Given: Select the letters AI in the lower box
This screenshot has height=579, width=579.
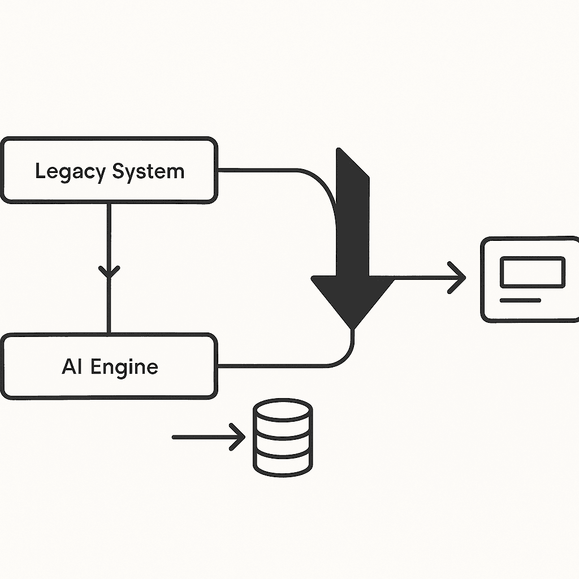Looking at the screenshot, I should coord(72,367).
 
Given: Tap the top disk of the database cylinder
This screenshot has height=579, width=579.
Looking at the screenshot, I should coord(282,409).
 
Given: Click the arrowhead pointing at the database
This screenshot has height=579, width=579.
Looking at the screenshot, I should coord(237,437).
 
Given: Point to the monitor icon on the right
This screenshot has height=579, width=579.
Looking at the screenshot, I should coord(530,280).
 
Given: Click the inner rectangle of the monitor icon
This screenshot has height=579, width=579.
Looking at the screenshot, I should coord(532,271).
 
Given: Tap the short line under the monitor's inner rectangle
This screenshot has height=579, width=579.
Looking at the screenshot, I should coord(520,300).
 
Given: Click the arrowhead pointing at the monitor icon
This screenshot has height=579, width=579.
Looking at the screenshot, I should coord(458,278).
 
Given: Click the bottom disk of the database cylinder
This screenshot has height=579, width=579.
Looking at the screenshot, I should coord(282,463).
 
